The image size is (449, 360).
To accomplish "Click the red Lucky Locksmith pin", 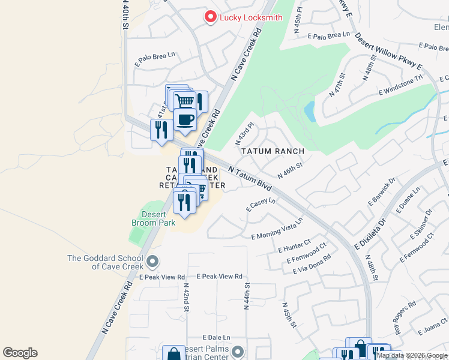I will click(210, 17).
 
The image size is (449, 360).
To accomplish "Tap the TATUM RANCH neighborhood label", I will click(273, 151).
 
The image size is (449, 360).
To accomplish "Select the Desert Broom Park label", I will click(153, 218).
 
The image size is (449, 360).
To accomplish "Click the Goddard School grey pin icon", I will click(152, 261).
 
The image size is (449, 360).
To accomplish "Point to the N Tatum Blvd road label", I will click(250, 178).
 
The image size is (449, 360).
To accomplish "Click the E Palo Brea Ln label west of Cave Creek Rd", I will click(155, 58).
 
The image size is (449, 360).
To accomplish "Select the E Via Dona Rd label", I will click(312, 263).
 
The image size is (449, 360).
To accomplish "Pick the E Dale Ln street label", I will click(216, 338).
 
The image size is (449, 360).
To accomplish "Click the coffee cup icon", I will click(184, 119).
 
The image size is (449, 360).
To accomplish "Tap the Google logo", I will click(20, 353).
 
